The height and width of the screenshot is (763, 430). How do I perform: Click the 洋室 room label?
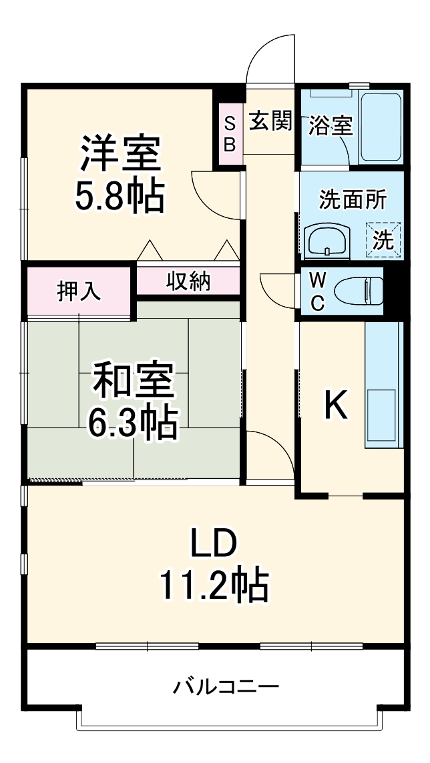(x=121, y=153)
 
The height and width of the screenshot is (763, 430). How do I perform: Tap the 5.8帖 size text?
(x=121, y=194)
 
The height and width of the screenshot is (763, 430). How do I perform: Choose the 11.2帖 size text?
(x=214, y=586)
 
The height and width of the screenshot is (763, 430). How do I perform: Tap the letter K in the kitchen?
(x=336, y=405)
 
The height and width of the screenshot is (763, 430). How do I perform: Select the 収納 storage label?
(x=188, y=281)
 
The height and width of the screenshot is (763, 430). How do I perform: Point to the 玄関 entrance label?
(x=270, y=121)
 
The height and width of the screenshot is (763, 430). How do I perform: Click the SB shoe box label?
(x=229, y=133)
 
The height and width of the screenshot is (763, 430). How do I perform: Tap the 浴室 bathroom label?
(x=330, y=125)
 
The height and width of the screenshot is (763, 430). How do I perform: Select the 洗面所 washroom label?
(x=352, y=199)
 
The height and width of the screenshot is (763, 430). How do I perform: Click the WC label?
(x=317, y=291)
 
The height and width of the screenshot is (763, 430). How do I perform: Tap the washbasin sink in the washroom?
(x=327, y=240)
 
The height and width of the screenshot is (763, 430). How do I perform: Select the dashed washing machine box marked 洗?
(x=383, y=239)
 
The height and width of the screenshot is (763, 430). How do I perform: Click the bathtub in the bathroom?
(x=380, y=126)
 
